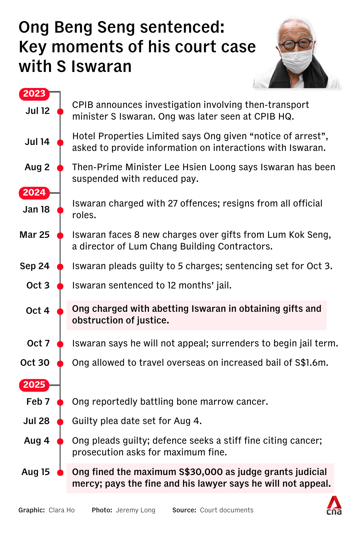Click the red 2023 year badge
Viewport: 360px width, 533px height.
34,94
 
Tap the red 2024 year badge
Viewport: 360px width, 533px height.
34,193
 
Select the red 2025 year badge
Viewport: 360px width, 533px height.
34,385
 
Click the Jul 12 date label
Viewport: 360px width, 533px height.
37,111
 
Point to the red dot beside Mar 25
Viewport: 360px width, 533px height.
60,236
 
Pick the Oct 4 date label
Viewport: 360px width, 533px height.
37,311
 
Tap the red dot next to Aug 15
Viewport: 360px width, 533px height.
60,473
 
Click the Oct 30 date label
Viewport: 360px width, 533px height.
35,363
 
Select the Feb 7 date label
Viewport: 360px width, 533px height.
38,402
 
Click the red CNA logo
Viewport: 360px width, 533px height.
334,505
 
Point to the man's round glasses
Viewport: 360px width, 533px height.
296,44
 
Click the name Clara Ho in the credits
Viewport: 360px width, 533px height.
62,510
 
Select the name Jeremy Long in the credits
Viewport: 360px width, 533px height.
135,510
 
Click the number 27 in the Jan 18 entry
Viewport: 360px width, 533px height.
173,204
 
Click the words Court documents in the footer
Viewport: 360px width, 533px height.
227,510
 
